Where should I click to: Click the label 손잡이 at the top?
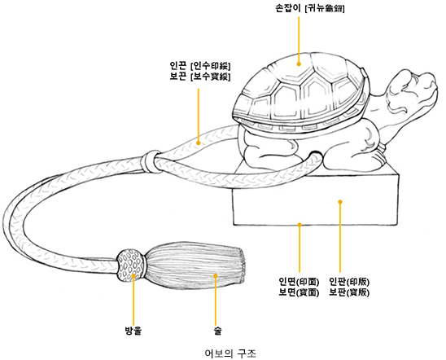(287, 7)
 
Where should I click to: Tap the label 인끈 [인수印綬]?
(200, 66)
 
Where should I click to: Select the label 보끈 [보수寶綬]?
(200, 77)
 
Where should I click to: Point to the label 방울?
(133, 331)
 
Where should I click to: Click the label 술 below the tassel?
(217, 331)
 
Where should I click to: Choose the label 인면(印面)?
(299, 282)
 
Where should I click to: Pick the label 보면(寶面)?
(299, 292)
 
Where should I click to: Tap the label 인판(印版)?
(349, 282)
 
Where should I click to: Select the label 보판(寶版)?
(349, 292)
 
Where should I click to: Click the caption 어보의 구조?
(230, 353)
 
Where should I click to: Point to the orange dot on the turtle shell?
(299, 64)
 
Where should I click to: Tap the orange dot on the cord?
(199, 143)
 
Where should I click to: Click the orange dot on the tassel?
(216, 275)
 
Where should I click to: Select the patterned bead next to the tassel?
(131, 266)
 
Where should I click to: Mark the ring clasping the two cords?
(150, 161)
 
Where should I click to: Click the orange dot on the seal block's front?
(340, 202)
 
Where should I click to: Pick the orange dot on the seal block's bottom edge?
(300, 225)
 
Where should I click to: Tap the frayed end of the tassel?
(242, 266)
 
